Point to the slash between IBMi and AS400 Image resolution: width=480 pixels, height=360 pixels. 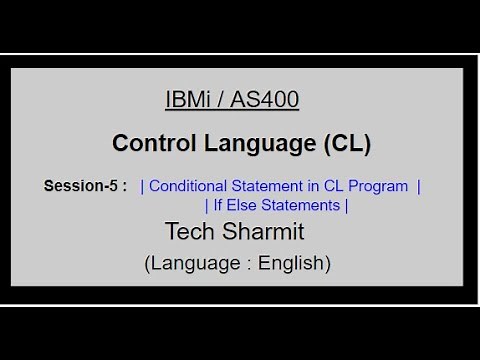coord(222,100)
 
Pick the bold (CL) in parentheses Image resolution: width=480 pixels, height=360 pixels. coord(347,143)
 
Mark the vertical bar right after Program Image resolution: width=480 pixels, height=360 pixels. coord(418,187)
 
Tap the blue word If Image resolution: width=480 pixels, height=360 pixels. coord(215,206)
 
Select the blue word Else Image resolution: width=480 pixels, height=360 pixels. coord(240,206)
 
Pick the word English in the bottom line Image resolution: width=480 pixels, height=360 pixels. coord(293,264)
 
